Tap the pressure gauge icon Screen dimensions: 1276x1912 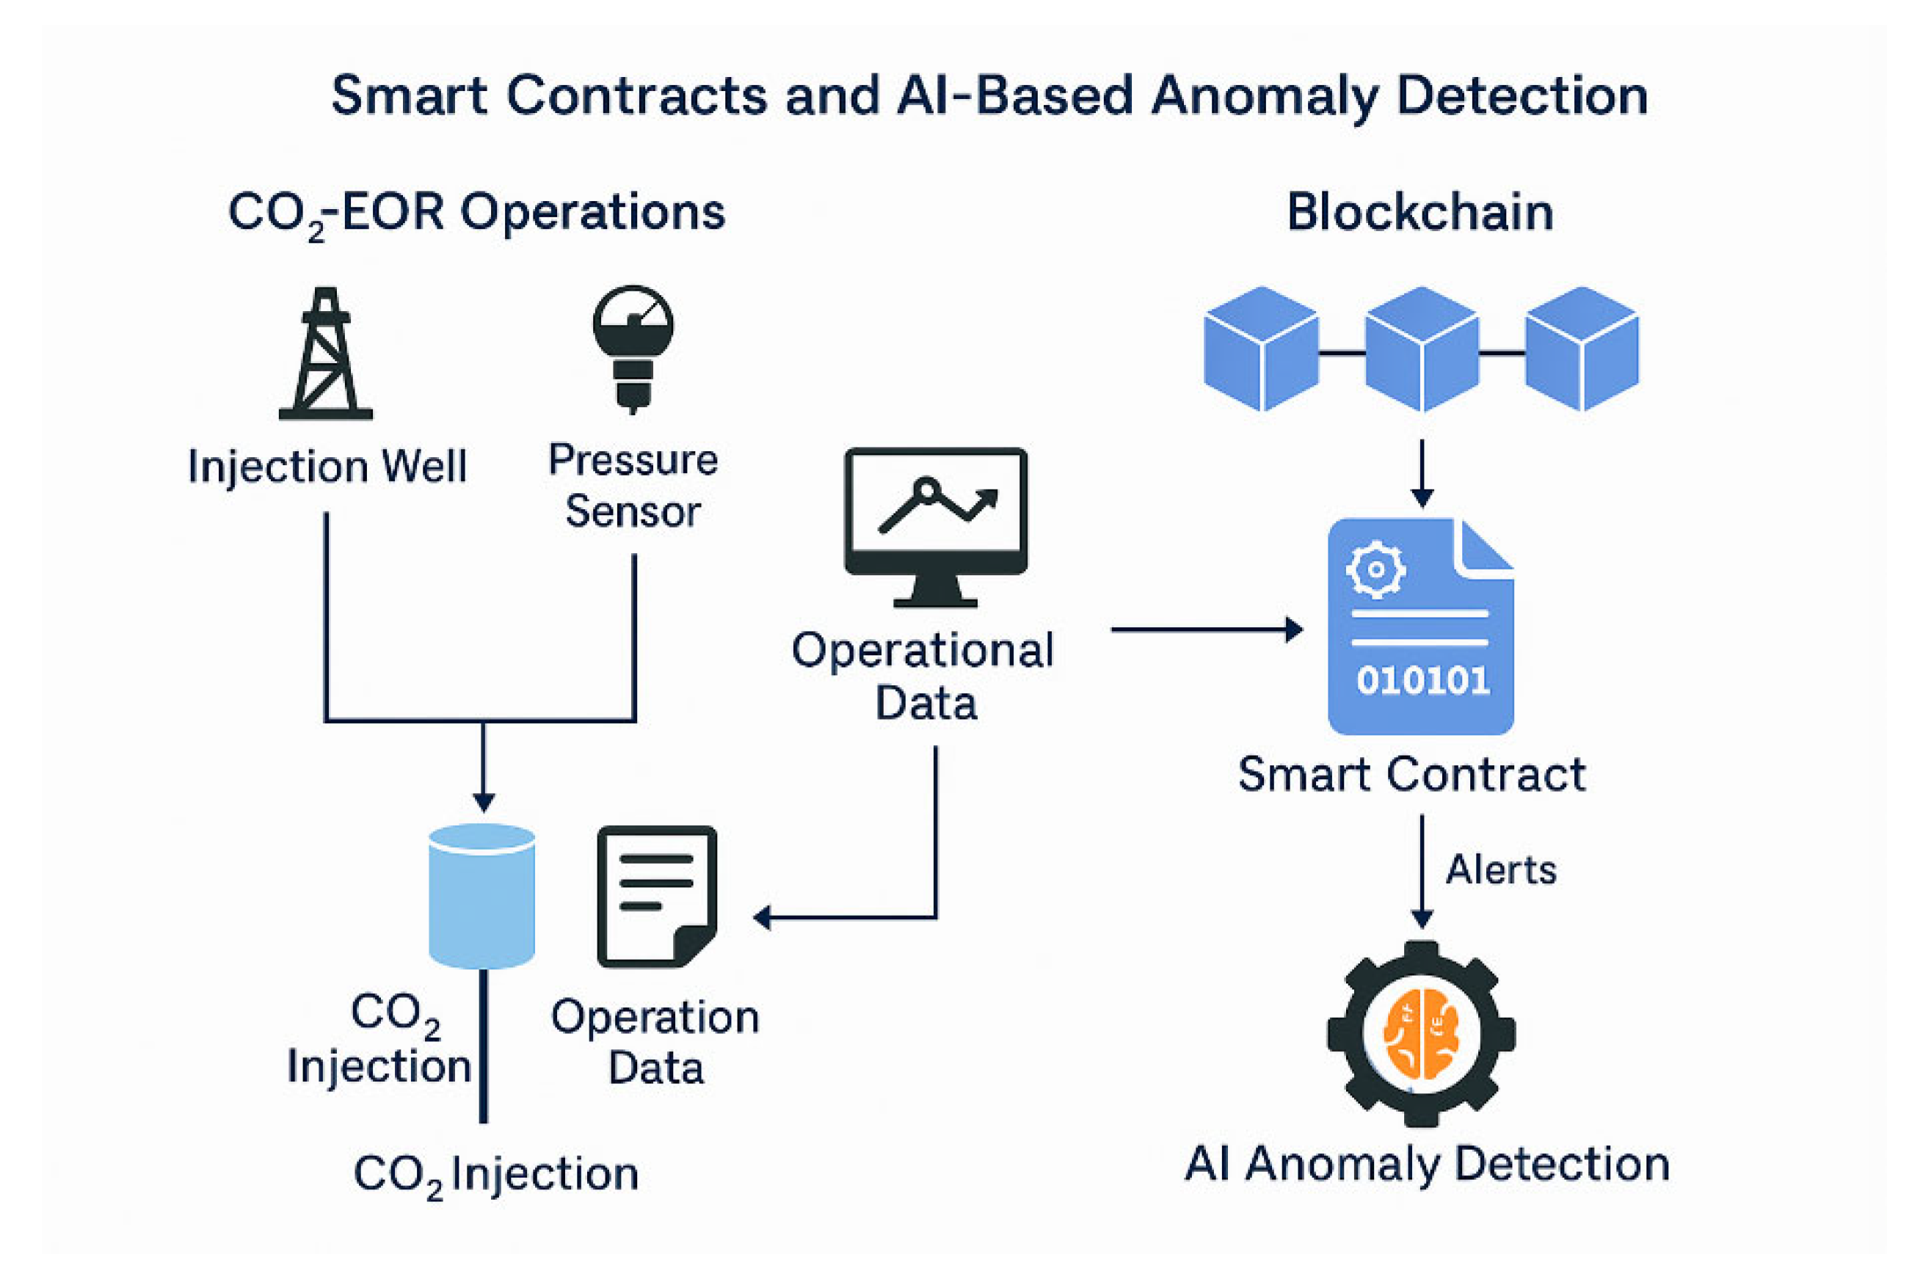tap(633, 346)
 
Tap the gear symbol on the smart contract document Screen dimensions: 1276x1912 tap(1375, 569)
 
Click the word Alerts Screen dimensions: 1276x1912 tap(1501, 870)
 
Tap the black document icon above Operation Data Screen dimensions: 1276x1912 tap(657, 896)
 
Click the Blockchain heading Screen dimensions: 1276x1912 tap(1420, 214)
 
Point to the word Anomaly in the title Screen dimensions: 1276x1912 tap(1264, 96)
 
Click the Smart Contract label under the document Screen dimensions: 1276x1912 tap(1412, 774)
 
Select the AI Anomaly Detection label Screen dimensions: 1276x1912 tap(1427, 1164)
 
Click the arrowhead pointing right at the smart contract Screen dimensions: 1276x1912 tap(1293, 629)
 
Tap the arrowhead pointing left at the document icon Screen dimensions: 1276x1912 tap(763, 918)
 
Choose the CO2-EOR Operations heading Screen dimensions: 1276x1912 tap(476, 214)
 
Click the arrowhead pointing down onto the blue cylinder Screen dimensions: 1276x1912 tap(484, 803)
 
